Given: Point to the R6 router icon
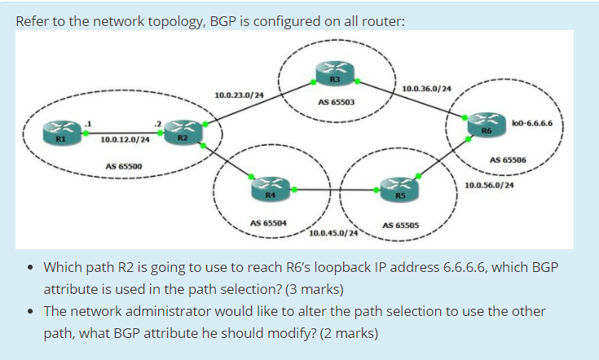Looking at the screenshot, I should click(486, 123).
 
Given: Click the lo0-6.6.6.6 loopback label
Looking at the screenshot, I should click(531, 124).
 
